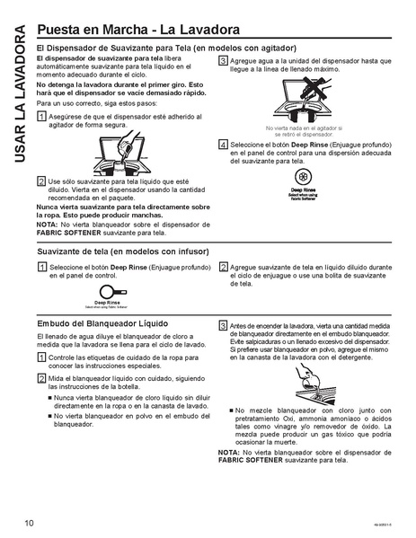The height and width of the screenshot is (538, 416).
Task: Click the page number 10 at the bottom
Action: tap(30, 523)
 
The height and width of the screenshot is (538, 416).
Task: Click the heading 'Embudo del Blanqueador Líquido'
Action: tap(101, 323)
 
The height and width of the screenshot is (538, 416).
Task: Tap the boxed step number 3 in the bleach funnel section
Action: tap(223, 324)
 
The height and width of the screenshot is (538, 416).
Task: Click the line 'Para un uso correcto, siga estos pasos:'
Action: tap(92, 104)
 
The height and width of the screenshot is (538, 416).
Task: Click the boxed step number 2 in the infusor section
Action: tap(223, 268)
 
